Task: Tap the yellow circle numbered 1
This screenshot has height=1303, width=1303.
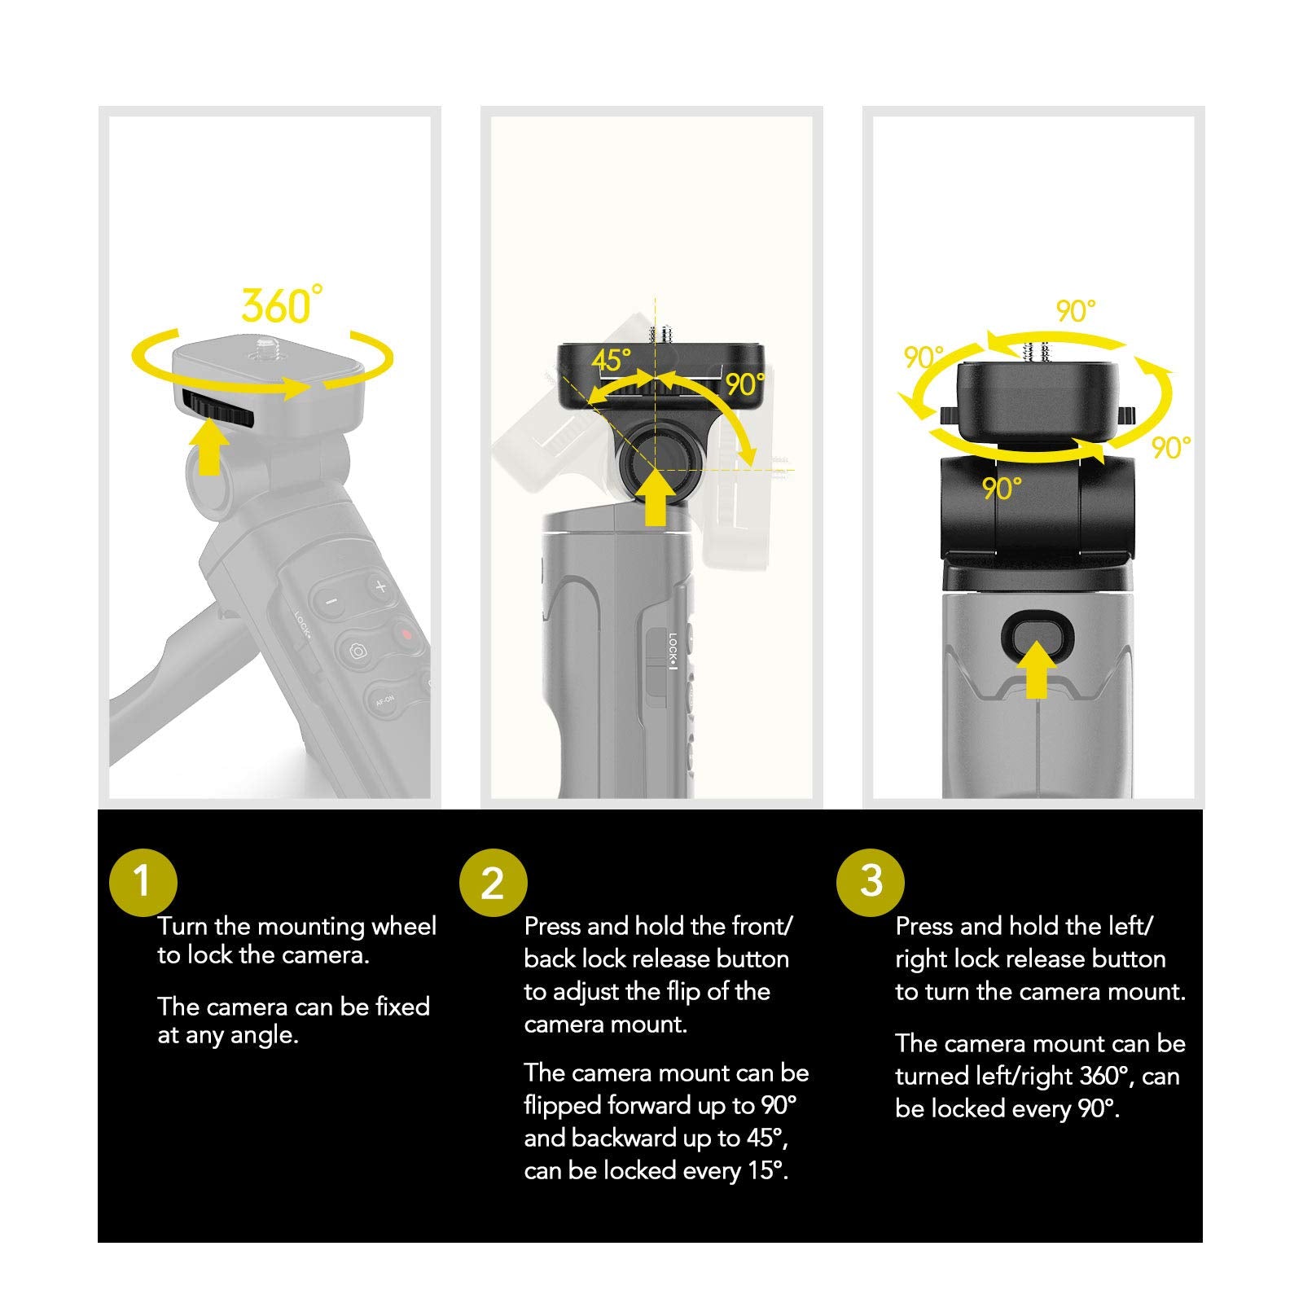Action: [143, 881]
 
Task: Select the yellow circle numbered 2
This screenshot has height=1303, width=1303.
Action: [493, 883]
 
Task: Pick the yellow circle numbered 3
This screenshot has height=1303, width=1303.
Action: [871, 881]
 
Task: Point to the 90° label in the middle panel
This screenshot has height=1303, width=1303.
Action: [745, 384]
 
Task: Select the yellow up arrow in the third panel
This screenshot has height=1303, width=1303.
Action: [1036, 669]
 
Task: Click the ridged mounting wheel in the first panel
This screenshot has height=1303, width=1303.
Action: [217, 406]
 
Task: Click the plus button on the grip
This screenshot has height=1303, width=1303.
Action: [380, 586]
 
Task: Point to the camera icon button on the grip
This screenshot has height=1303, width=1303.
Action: [357, 651]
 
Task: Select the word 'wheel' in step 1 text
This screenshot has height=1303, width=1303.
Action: [404, 926]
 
